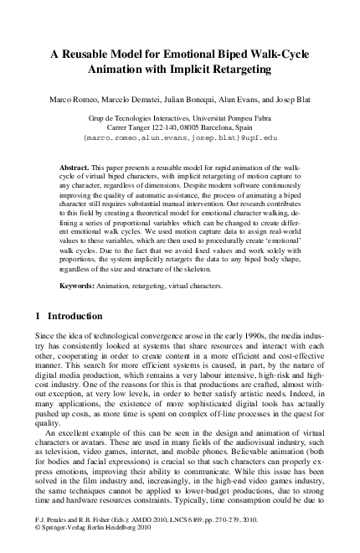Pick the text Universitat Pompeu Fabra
tap(225, 120)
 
